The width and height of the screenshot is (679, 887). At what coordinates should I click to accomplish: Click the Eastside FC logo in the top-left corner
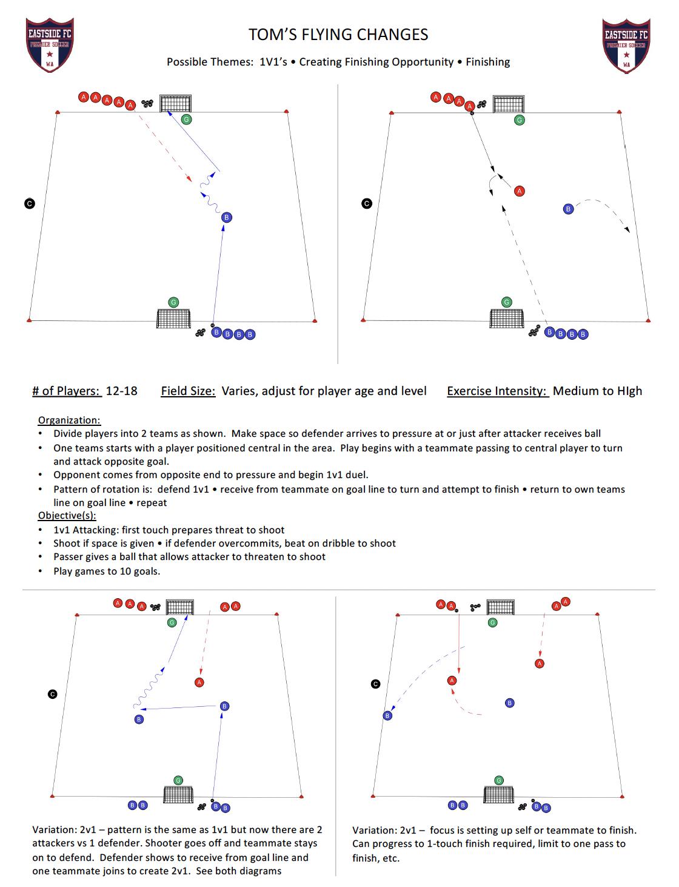[50, 44]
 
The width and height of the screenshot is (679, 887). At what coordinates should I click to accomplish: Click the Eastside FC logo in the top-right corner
[626, 44]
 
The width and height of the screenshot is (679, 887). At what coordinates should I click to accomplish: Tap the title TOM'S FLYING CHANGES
[338, 35]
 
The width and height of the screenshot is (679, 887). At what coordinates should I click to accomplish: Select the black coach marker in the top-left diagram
[29, 203]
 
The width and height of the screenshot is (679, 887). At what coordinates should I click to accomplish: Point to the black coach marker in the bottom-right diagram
[375, 684]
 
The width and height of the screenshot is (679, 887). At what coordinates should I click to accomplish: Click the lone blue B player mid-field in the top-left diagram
[227, 217]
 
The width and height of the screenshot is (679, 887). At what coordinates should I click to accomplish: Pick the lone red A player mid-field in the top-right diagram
[519, 191]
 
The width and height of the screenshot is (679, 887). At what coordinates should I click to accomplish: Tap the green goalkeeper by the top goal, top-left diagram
[187, 120]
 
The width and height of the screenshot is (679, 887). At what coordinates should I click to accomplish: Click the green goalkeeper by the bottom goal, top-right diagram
[507, 302]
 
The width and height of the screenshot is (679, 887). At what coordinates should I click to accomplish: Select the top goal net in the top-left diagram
[176, 103]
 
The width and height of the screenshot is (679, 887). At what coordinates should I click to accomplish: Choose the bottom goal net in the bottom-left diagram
[178, 794]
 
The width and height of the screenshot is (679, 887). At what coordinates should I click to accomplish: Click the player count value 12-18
[121, 391]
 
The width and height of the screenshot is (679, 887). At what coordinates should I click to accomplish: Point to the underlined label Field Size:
[188, 391]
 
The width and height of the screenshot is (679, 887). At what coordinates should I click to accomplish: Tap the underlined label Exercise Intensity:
[498, 391]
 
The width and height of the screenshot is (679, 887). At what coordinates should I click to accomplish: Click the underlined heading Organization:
[69, 420]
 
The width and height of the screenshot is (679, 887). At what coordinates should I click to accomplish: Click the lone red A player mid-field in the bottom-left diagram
[199, 683]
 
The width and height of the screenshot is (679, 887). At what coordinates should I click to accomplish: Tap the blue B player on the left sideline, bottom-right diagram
[387, 716]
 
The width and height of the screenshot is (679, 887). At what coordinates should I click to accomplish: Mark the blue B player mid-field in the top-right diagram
[568, 209]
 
